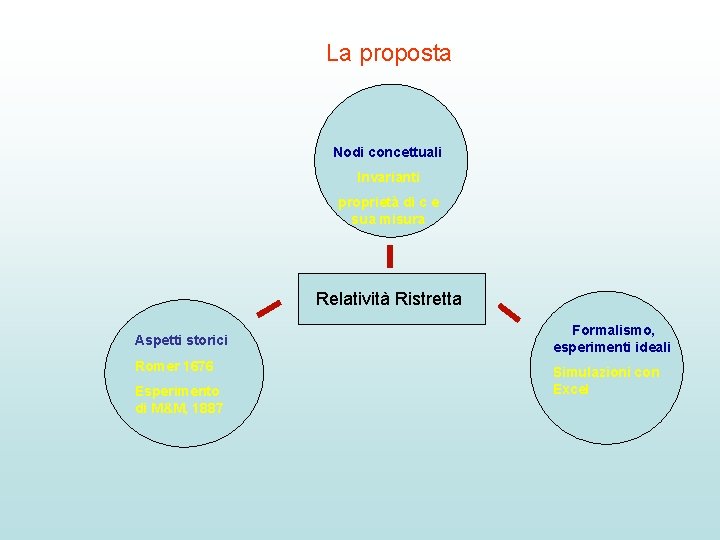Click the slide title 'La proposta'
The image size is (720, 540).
pos(388,54)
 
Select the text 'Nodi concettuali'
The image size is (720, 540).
pos(387,153)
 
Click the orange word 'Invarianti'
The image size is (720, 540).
pos(387,177)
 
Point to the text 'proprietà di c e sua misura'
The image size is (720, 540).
pos(388,210)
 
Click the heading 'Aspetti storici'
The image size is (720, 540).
pos(181,341)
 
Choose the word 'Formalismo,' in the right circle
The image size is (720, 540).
pos(613,330)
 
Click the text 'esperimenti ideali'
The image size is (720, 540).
pos(612,347)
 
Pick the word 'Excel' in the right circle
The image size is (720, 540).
pos(571,389)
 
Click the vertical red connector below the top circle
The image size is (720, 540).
pos(390,257)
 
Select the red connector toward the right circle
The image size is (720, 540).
pos(509,312)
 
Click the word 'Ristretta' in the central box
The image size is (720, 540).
pos(428,298)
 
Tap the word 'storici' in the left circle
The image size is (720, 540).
pos(208,341)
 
